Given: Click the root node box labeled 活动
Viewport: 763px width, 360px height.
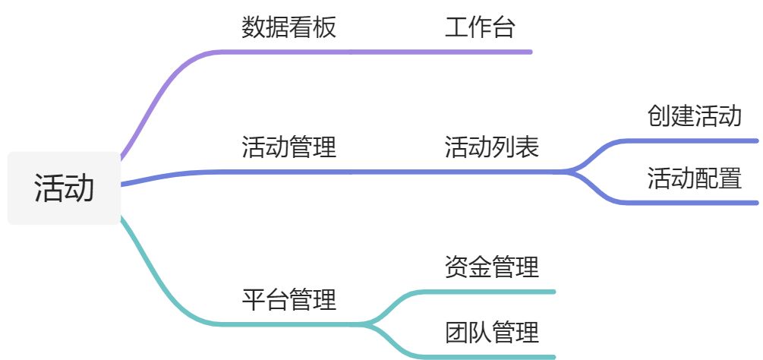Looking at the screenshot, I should point(64,188).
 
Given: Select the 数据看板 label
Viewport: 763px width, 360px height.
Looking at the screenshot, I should point(288,28).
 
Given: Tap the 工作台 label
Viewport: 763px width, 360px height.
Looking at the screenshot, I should point(480,28).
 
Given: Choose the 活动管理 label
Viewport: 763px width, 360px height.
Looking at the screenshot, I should point(288,147).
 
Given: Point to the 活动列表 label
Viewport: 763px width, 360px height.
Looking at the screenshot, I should point(491,147).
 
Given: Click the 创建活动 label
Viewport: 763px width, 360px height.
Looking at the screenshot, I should point(694,116).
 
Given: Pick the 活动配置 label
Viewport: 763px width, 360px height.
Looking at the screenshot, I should point(694,178).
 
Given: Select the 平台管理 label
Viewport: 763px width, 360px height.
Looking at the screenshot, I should point(288,299).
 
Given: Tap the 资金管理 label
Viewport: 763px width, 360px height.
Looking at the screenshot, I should point(491,267).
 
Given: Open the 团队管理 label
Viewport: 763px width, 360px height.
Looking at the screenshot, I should point(491,332).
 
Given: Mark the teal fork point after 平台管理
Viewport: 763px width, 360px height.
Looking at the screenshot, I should point(368,324).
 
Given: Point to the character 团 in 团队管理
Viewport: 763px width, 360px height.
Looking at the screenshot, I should point(456,332).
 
